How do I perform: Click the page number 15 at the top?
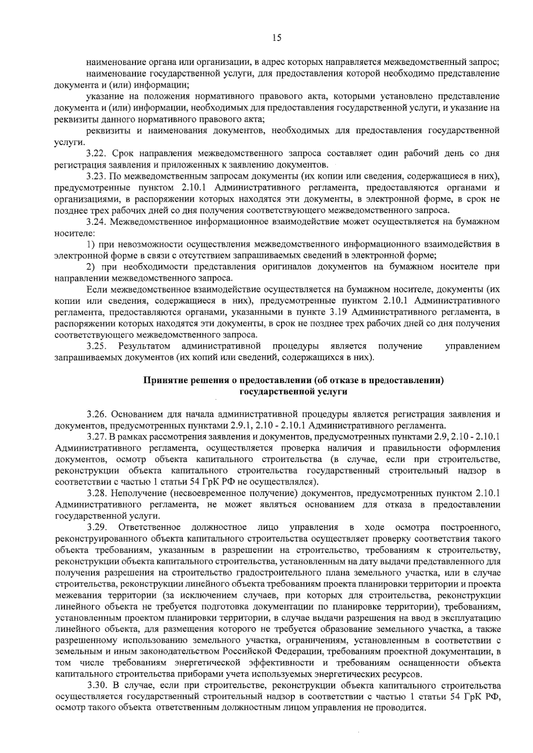click(x=276, y=38)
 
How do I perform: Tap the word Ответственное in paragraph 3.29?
click(x=149, y=527)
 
